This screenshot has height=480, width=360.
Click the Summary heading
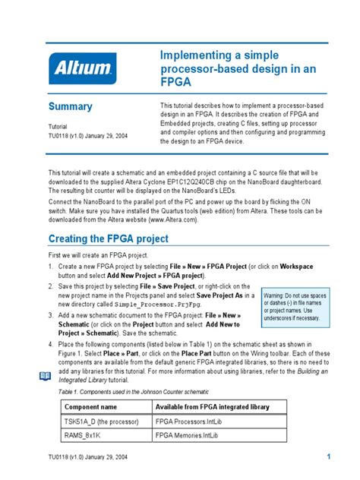(x=71, y=107)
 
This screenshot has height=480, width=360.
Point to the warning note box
(x=292, y=306)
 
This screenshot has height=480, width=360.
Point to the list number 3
(x=51, y=314)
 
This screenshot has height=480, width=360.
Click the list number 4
(x=51, y=344)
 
